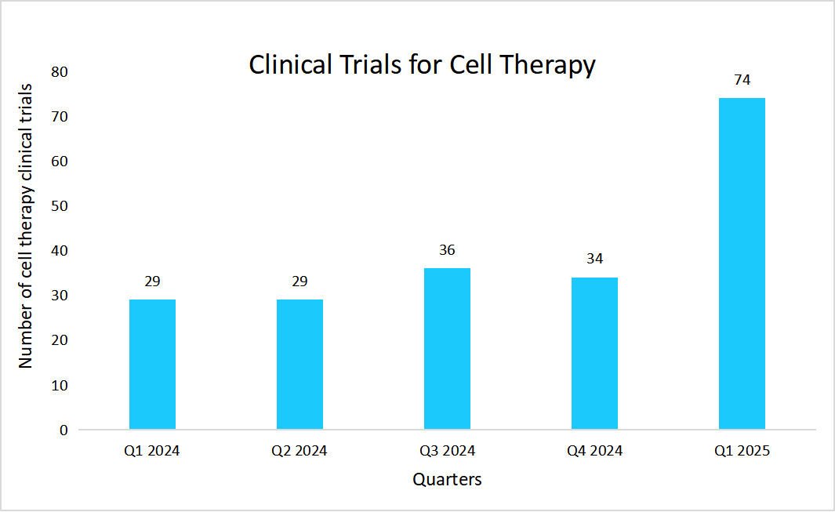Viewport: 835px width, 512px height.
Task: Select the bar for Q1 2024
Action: click(x=152, y=365)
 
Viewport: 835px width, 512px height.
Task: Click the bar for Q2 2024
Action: click(x=300, y=365)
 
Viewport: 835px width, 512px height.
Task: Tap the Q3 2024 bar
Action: click(x=447, y=349)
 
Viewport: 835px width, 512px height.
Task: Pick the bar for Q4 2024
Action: click(x=594, y=353)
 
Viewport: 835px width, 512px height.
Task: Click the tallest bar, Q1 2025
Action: click(x=742, y=263)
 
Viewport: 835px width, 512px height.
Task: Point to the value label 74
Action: click(x=742, y=80)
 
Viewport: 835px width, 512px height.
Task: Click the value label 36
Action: click(x=447, y=250)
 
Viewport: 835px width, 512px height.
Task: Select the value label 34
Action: click(x=594, y=259)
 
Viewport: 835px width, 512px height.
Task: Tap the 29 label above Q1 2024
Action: click(x=152, y=281)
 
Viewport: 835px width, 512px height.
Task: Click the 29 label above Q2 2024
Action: click(x=300, y=281)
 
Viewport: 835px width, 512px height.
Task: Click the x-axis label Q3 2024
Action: click(x=447, y=452)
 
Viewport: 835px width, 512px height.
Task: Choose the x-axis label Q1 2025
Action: click(x=742, y=452)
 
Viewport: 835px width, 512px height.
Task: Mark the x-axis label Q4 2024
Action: click(x=594, y=452)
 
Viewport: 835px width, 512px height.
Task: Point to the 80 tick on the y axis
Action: click(x=60, y=72)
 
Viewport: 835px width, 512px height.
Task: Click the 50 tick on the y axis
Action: click(x=60, y=206)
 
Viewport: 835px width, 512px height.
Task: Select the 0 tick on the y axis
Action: click(x=64, y=430)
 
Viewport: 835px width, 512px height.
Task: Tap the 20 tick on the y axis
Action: click(x=60, y=340)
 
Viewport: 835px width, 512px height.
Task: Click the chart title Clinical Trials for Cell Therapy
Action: click(x=422, y=65)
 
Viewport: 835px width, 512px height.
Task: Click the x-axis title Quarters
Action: click(x=447, y=479)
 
